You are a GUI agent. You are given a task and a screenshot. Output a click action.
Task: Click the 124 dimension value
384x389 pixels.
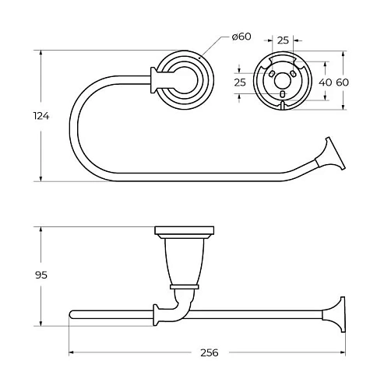(x=41, y=116)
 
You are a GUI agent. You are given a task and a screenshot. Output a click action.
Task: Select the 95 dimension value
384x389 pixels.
(x=41, y=275)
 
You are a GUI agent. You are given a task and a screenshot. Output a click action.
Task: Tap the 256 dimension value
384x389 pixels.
(x=210, y=352)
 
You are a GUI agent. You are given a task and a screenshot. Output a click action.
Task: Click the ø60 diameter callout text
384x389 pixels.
(x=241, y=37)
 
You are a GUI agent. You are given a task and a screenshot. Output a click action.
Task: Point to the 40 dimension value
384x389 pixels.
(x=326, y=82)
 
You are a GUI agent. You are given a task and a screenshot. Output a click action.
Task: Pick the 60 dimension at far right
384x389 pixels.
(x=343, y=82)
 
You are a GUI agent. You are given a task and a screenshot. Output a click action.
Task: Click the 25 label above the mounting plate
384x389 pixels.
(x=283, y=40)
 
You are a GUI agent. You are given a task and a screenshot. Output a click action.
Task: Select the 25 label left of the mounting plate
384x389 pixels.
(x=240, y=82)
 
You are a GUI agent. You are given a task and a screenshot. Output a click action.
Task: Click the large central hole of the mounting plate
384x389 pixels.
(x=283, y=81)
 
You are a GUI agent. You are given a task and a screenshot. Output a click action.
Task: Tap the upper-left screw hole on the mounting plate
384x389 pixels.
(x=271, y=74)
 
